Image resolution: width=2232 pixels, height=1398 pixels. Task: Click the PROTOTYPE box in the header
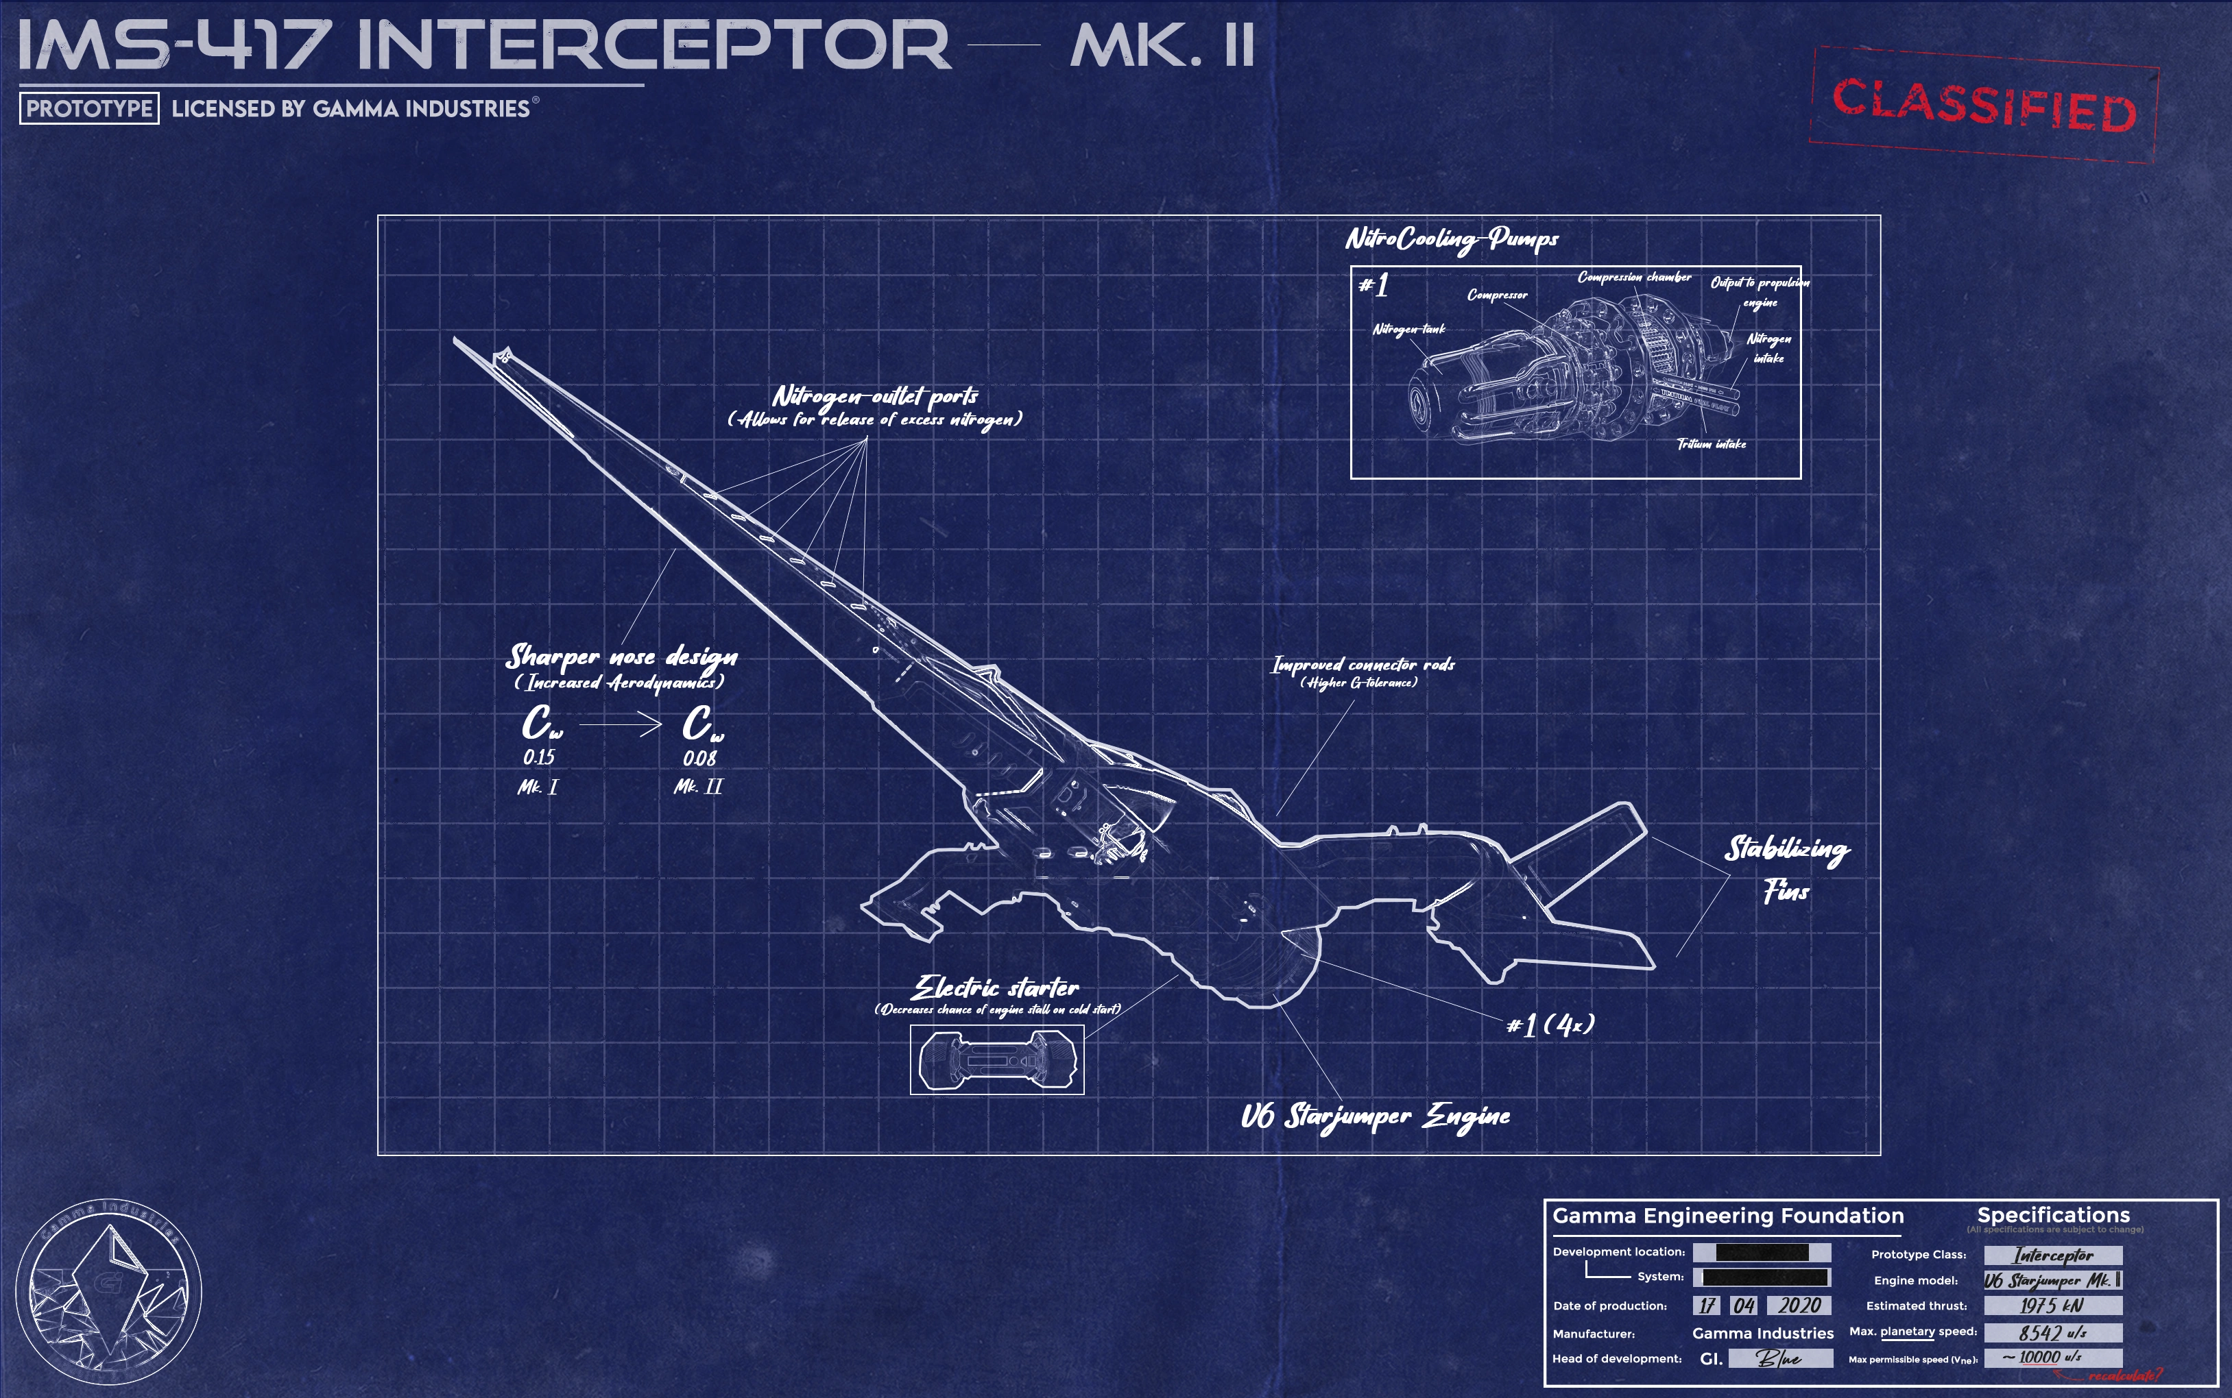click(88, 108)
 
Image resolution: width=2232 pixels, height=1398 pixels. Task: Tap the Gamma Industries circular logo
click(109, 1292)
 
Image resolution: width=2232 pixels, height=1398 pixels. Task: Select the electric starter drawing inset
click(996, 1059)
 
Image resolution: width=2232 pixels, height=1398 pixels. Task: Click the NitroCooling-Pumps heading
click(1451, 239)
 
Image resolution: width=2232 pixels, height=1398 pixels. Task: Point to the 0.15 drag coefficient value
click(538, 757)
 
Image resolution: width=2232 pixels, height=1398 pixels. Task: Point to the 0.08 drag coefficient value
click(699, 758)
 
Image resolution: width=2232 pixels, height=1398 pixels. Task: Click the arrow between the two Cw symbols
click(620, 726)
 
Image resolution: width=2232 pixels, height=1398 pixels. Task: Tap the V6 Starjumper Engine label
click(1375, 1116)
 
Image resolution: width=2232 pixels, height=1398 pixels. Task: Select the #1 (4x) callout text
click(1550, 1025)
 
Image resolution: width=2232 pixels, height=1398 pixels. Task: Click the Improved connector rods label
click(1363, 665)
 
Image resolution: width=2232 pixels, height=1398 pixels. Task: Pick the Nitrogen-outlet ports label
click(875, 397)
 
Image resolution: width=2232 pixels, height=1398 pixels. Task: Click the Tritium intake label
click(1712, 445)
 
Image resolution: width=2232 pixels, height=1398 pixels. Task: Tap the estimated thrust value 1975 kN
click(2052, 1305)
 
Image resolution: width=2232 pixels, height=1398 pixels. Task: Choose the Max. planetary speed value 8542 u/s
click(2052, 1332)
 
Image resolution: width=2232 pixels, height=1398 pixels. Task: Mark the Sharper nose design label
click(621, 657)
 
